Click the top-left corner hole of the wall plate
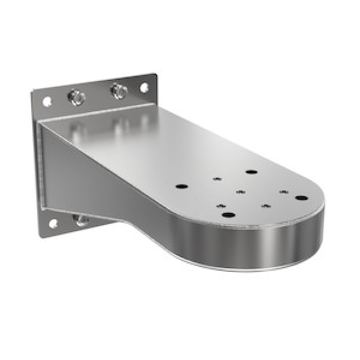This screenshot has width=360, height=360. tap(46, 101)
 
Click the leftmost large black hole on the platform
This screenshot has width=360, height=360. tap(181, 187)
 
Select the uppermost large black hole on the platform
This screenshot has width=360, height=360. tap(251, 172)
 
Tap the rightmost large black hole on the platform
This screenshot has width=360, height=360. tap(301, 198)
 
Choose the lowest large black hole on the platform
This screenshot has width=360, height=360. tap(229, 215)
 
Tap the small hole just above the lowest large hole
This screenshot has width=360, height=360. tap(221, 206)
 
